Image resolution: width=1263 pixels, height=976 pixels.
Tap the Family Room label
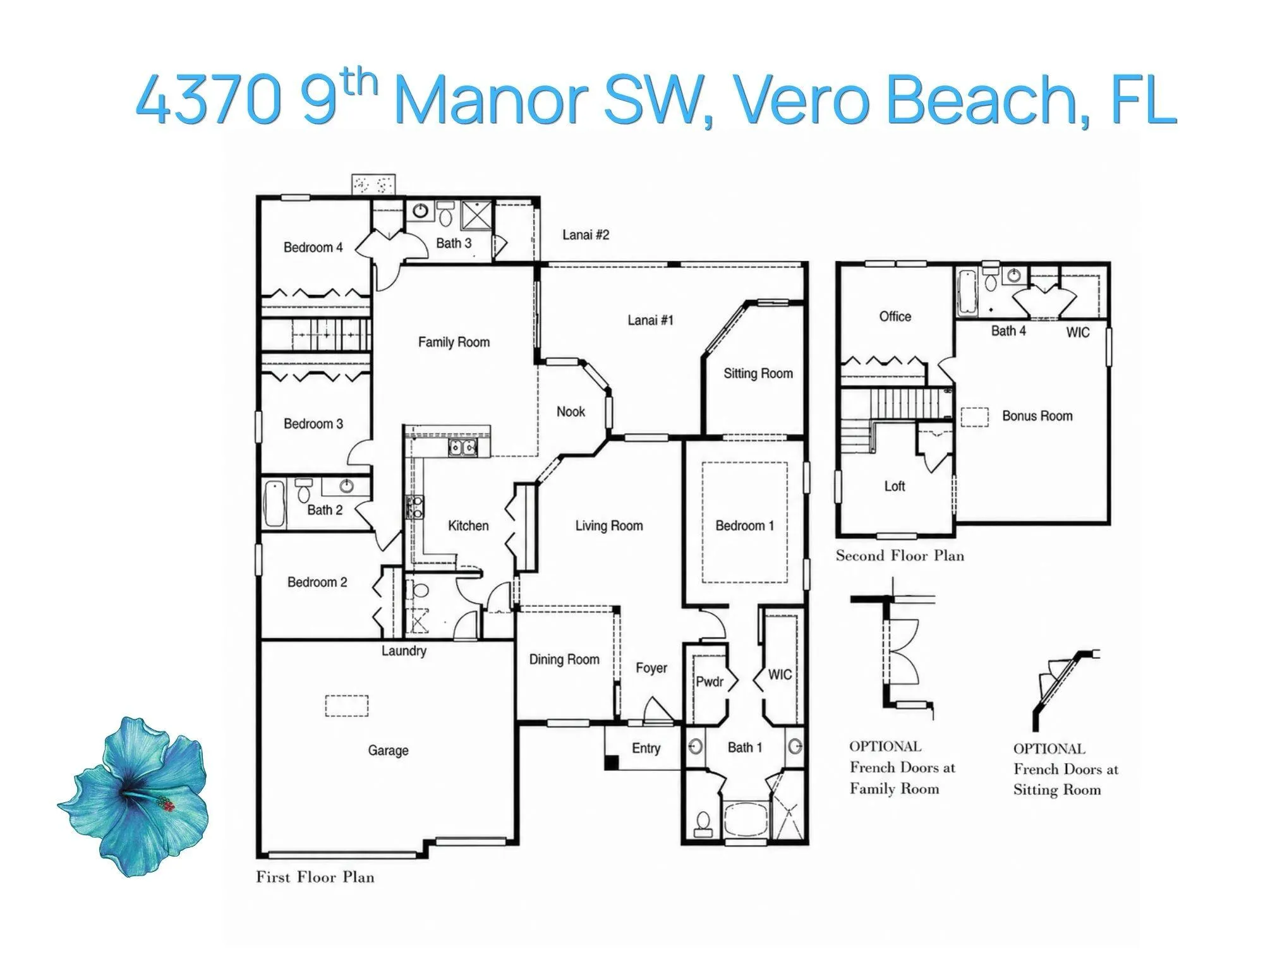454,342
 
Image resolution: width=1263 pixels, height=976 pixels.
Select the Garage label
388,750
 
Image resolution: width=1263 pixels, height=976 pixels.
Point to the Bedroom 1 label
744,526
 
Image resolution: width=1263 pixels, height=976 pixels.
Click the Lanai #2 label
586,235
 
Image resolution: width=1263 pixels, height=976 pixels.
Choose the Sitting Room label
758,373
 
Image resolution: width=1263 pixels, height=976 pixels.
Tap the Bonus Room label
1037,416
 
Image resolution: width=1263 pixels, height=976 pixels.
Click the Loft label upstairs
895,486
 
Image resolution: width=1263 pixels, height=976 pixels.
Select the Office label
895,316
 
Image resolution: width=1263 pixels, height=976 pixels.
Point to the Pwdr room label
710,682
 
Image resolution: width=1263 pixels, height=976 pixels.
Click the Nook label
571,412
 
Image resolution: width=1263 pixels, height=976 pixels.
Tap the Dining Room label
564,660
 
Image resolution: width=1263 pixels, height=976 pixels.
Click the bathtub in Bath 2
274,503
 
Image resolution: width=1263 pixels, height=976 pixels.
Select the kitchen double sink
463,448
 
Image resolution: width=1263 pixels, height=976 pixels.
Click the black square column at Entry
611,762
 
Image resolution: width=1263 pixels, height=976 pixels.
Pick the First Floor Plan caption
315,877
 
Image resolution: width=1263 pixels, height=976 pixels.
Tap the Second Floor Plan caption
900,556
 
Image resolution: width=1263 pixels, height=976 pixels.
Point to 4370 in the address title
209,100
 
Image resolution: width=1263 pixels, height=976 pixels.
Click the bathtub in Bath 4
967,292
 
